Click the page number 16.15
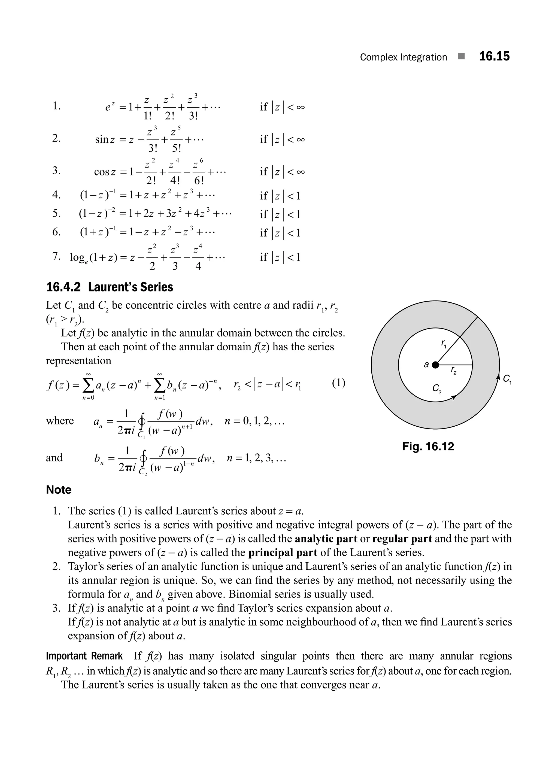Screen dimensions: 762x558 (494, 56)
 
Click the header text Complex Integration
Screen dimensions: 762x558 (403, 57)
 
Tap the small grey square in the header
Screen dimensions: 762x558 (461, 56)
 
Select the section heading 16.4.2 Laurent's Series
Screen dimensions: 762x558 (110, 287)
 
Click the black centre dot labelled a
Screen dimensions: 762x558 (435, 365)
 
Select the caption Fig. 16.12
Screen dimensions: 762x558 (428, 447)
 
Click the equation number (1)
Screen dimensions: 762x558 (338, 383)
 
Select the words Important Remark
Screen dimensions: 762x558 (84, 656)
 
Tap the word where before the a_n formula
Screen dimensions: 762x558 (59, 421)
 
